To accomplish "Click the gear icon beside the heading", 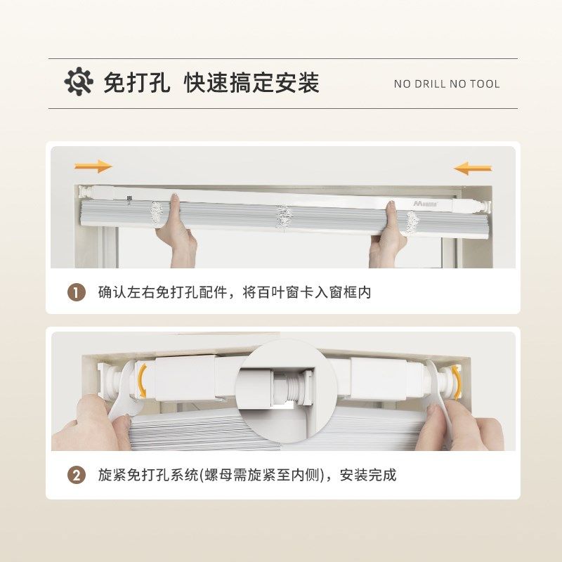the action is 79,81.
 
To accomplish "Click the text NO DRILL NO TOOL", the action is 447,84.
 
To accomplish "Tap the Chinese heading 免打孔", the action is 136,82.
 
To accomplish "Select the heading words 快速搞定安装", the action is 251,82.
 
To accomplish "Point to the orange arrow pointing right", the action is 93,166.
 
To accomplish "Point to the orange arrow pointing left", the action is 472,168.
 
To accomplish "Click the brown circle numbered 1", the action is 77,292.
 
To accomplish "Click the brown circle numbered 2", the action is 77,476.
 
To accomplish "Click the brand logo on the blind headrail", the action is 425,204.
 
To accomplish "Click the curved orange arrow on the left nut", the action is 143,380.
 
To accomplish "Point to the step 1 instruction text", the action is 235,292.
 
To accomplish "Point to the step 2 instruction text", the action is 247,476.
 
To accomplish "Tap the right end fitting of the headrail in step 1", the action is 485,207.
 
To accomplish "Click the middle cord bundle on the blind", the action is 285,217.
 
